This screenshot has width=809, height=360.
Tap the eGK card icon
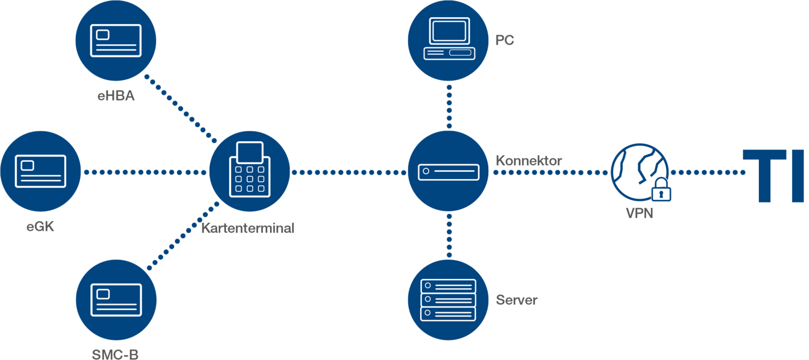point(41,171)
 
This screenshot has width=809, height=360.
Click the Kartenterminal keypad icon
point(249,171)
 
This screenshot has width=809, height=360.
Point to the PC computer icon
point(449,39)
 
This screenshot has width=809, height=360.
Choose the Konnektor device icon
point(449,171)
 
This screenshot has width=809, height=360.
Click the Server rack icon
point(449,300)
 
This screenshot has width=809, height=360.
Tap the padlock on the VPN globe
point(661,190)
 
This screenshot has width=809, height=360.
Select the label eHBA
point(116,97)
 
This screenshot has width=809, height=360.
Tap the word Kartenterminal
point(247,228)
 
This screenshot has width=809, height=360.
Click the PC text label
point(505,40)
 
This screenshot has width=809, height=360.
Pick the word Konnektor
point(529,161)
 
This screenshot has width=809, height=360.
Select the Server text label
point(517,300)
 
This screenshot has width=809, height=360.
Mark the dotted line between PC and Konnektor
point(449,106)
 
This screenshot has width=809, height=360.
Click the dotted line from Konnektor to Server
point(449,236)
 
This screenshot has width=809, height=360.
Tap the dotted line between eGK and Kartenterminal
point(145,172)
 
